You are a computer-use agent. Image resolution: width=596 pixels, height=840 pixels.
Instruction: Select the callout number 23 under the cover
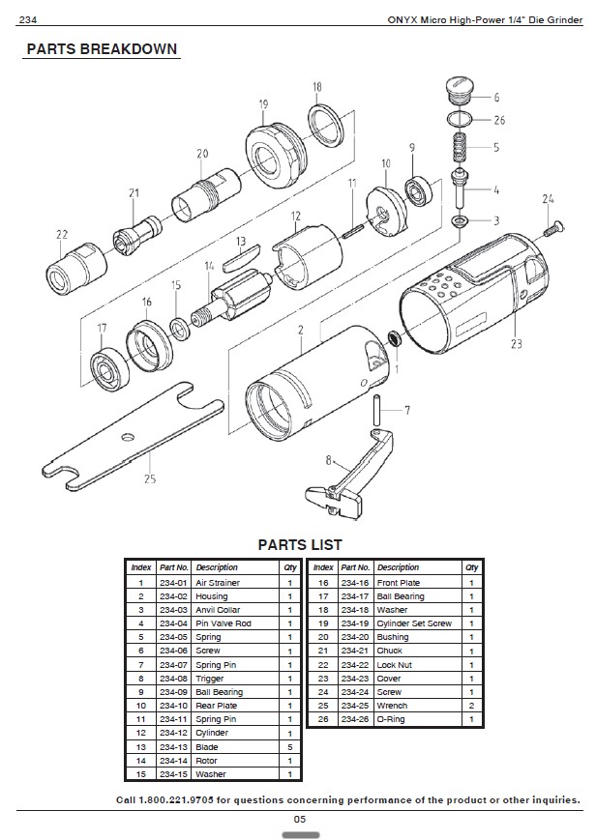[517, 343]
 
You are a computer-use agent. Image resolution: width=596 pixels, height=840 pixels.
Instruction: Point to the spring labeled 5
[460, 146]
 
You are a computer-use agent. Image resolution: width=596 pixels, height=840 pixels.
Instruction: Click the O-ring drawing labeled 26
[460, 118]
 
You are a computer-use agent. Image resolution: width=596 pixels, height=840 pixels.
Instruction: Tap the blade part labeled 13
[242, 255]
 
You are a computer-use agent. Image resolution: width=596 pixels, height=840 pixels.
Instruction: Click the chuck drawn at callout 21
[136, 234]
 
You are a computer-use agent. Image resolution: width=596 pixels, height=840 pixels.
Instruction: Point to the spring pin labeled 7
[377, 410]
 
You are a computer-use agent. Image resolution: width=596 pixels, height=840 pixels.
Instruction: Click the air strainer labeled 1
[395, 338]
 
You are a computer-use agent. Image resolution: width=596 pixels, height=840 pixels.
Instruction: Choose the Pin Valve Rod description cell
[223, 623]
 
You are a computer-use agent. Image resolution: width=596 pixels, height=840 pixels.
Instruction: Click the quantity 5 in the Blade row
[290, 747]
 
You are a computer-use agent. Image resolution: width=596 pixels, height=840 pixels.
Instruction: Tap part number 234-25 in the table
[354, 706]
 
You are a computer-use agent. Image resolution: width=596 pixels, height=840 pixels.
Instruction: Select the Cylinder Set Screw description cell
[414, 623]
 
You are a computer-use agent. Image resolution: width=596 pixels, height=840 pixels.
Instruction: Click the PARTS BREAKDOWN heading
[102, 49]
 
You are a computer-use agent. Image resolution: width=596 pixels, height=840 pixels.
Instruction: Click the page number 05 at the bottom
[299, 819]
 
